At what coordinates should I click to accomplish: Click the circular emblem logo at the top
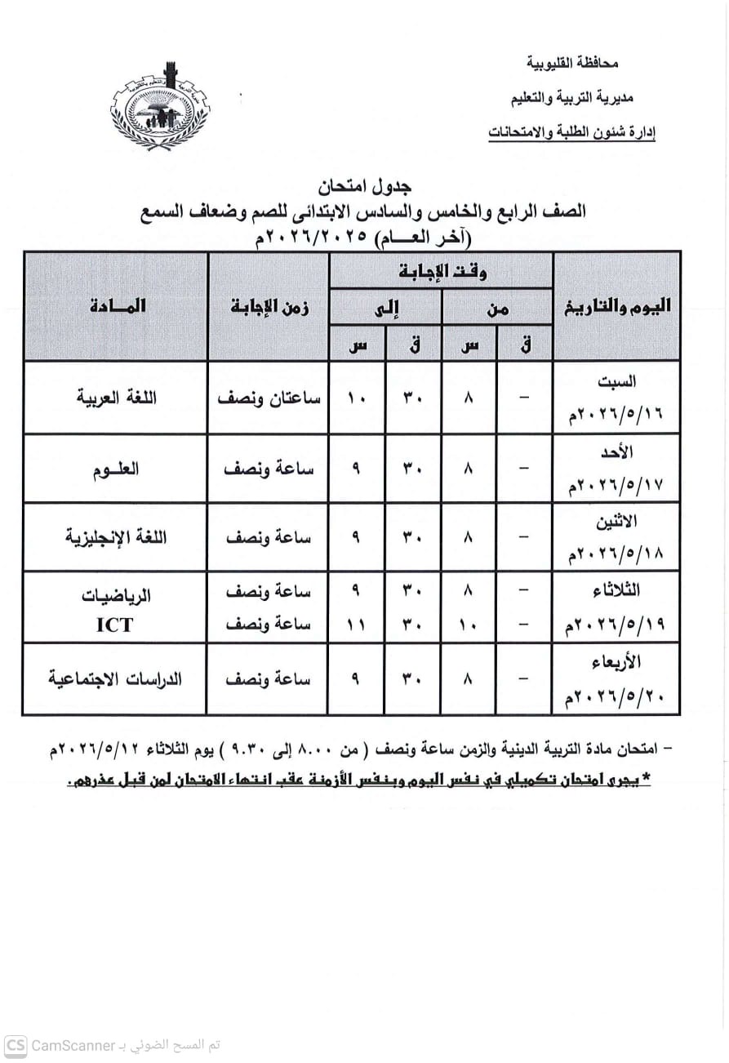160,105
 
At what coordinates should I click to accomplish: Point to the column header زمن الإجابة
269,307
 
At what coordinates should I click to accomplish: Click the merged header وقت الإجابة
442,271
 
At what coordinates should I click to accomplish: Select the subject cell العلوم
116,469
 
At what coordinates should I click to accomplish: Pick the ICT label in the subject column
115,625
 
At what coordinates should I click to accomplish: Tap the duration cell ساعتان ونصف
269,398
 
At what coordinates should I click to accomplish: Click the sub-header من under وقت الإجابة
497,309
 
